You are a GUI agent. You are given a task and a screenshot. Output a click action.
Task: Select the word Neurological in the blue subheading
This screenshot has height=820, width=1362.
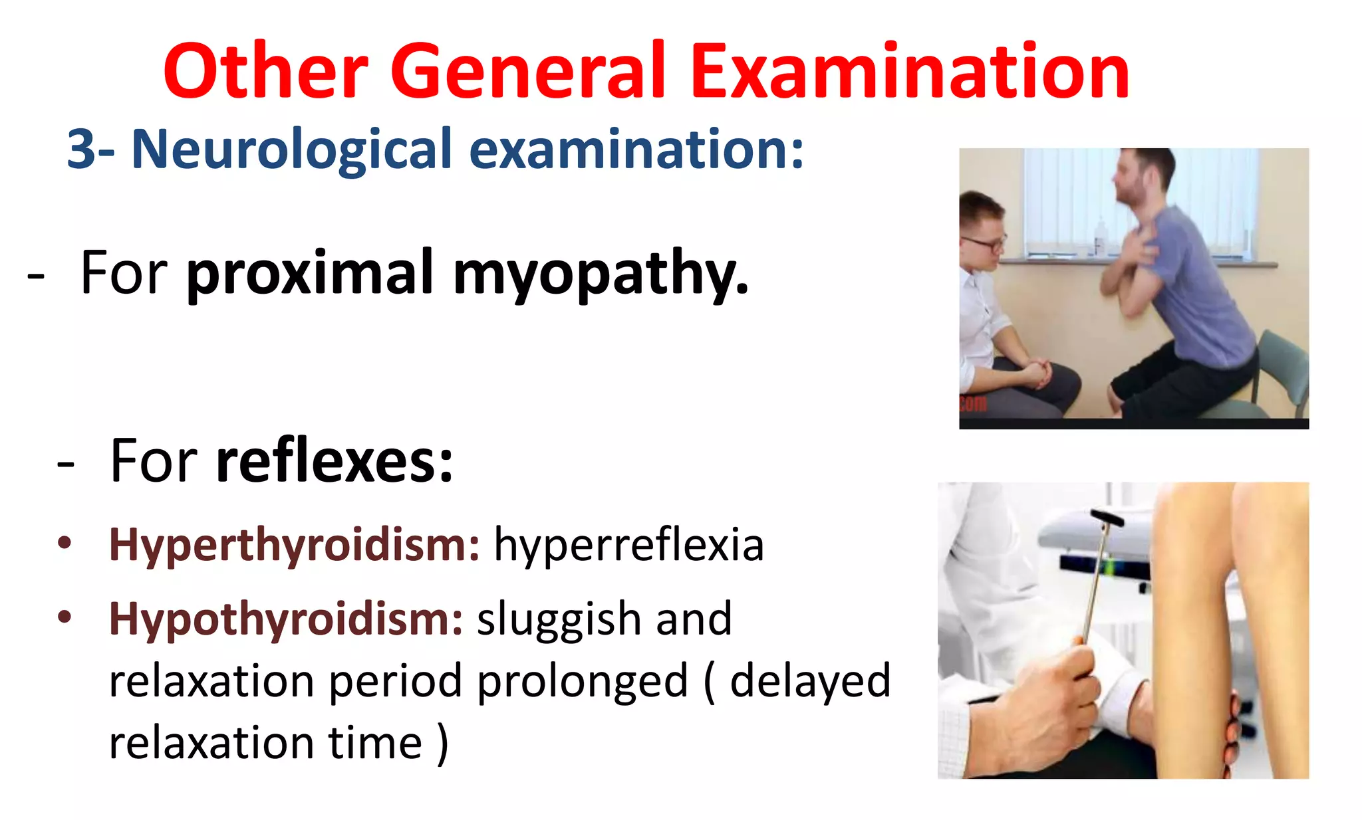292,150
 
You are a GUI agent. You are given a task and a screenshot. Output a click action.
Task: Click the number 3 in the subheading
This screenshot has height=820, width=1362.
82,150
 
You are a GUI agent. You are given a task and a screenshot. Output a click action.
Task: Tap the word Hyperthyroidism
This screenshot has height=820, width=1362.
294,545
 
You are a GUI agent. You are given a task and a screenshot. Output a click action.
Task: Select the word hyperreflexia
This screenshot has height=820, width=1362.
628,545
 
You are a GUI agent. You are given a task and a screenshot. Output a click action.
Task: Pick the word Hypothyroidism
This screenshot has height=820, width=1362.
286,619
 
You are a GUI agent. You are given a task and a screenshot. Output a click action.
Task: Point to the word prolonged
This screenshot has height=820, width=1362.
583,681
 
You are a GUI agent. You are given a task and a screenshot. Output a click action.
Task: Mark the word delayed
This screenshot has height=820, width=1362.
810,681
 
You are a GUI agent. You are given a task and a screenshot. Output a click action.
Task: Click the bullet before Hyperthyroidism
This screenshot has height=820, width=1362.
65,544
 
